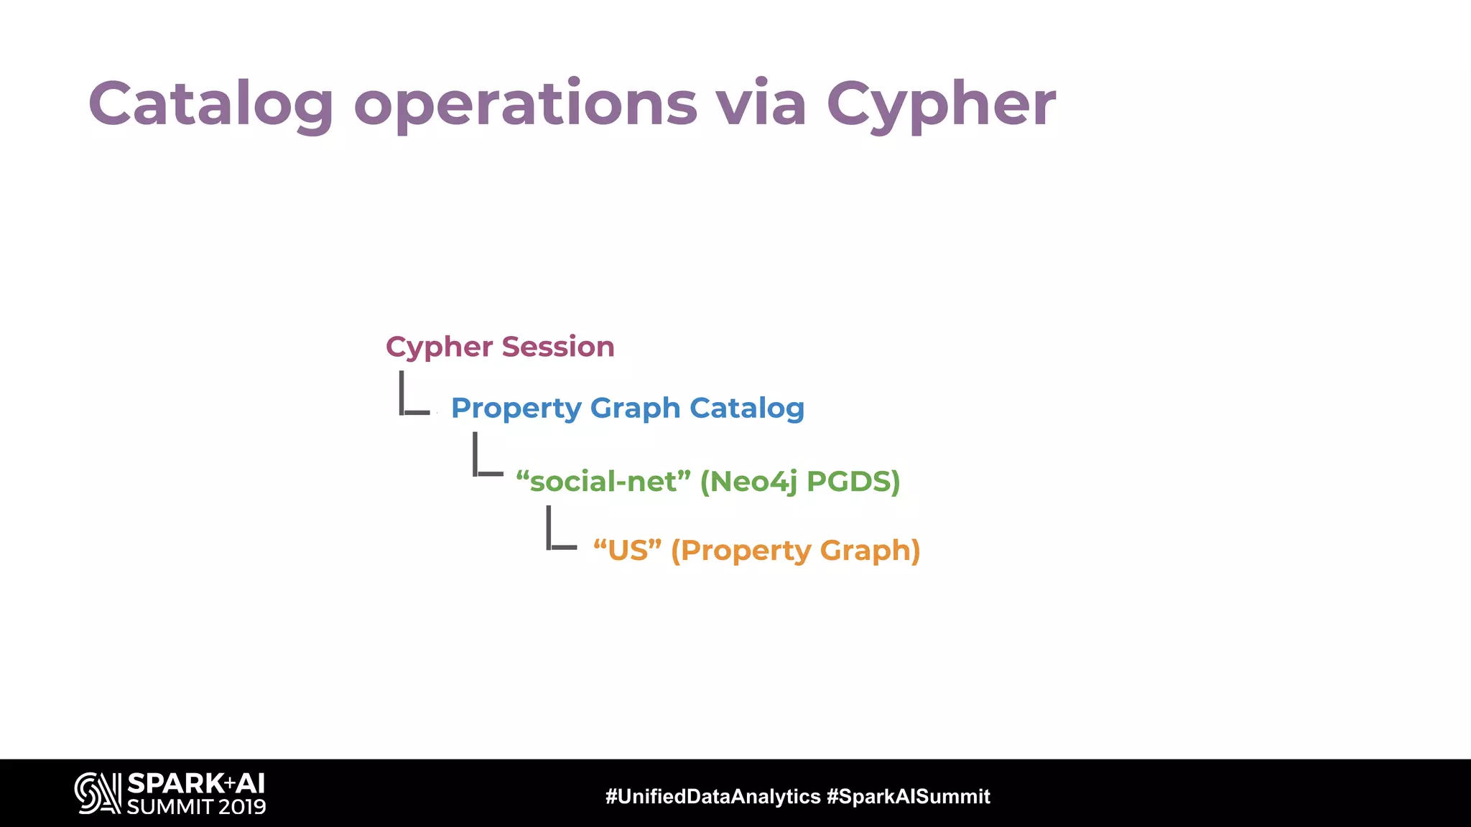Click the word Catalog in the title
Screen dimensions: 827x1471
pyautogui.click(x=210, y=104)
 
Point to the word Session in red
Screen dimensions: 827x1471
pyautogui.click(x=558, y=347)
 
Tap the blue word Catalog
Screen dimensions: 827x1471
pyautogui.click(x=746, y=408)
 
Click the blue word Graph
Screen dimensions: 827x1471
pyautogui.click(x=635, y=408)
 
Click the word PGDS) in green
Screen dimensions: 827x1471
pyautogui.click(x=853, y=481)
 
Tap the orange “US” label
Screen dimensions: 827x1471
pyautogui.click(x=627, y=551)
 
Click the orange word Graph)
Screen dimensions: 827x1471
pyautogui.click(x=870, y=551)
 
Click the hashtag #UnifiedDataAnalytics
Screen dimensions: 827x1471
pyautogui.click(x=713, y=796)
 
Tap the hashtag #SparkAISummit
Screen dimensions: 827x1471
pyautogui.click(x=909, y=796)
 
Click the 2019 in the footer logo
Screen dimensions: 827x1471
pyautogui.click(x=242, y=807)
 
